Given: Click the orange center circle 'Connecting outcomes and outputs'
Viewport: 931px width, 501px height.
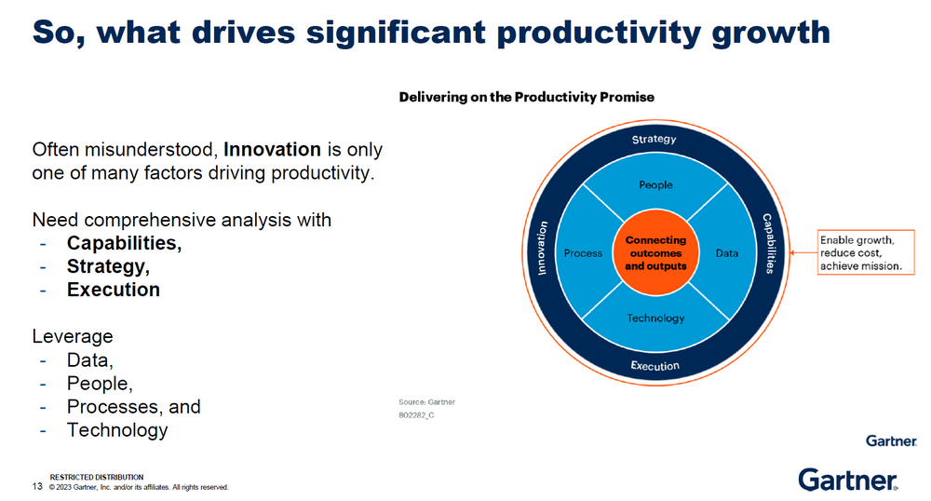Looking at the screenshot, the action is pyautogui.click(x=655, y=253).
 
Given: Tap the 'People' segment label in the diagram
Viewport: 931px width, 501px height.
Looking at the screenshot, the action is pyautogui.click(x=655, y=185).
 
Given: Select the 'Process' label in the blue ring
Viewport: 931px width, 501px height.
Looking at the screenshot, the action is pyautogui.click(x=583, y=253).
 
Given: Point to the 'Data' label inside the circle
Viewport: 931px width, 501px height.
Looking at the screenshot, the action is pyautogui.click(x=727, y=253).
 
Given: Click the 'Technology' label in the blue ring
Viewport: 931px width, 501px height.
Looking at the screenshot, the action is pyautogui.click(x=655, y=318).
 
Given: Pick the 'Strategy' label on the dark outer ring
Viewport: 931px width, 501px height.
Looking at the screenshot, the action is pyautogui.click(x=654, y=139).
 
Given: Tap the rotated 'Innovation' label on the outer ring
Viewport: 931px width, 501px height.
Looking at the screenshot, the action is pyautogui.click(x=542, y=248).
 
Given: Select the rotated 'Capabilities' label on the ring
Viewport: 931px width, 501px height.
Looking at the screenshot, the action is pyautogui.click(x=769, y=243).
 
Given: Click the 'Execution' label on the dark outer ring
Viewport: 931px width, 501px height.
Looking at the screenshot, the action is pyautogui.click(x=654, y=366).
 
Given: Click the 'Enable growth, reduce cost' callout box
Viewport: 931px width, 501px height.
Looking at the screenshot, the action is pyautogui.click(x=866, y=252).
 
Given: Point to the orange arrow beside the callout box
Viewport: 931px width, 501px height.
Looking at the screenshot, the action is pyautogui.click(x=803, y=253).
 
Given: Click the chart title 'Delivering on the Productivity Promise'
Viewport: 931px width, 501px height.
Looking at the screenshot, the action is pyautogui.click(x=527, y=98).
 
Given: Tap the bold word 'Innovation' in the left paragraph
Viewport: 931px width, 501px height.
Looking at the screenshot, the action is pyautogui.click(x=272, y=149).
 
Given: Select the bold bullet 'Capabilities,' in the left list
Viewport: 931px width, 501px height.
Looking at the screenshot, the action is pyautogui.click(x=124, y=243).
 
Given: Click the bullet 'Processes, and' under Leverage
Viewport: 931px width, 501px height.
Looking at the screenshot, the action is pyautogui.click(x=133, y=407).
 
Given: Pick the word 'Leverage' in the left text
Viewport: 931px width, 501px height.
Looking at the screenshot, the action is pyautogui.click(x=73, y=336).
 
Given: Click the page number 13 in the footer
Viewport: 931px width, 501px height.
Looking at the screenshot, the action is pyautogui.click(x=37, y=486).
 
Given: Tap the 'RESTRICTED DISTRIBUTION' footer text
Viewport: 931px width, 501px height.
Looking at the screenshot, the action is pyautogui.click(x=97, y=478).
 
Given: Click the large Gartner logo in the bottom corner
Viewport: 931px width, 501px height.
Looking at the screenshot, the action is pyautogui.click(x=848, y=480).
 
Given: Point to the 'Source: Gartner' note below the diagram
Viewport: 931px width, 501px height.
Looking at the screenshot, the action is pyautogui.click(x=427, y=402).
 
